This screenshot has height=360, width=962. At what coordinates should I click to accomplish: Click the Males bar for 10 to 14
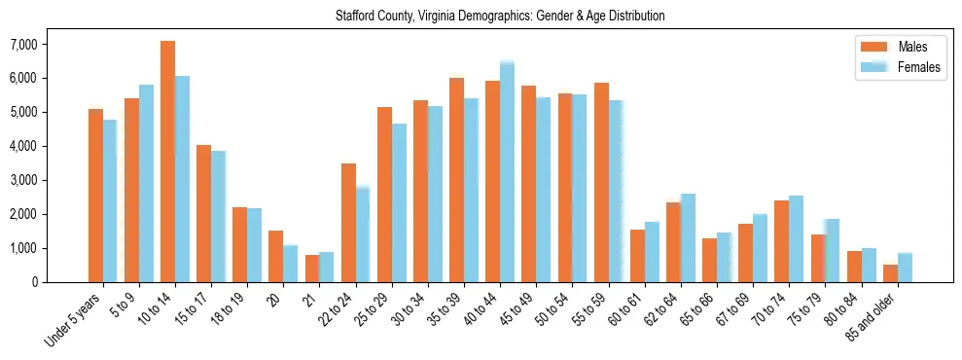[167, 162]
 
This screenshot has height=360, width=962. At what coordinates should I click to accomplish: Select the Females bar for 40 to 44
[507, 172]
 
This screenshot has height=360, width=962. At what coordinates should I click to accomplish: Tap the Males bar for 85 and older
[890, 273]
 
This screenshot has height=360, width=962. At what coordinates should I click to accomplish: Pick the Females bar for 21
[326, 267]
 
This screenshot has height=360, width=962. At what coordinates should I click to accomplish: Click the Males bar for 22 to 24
[348, 223]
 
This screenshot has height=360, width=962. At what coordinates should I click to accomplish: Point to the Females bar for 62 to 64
[688, 238]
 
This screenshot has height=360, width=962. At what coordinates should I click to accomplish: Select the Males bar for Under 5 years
[95, 196]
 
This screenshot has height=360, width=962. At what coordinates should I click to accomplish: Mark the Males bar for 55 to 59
[601, 183]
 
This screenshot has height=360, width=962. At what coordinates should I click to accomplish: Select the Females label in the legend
[919, 67]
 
